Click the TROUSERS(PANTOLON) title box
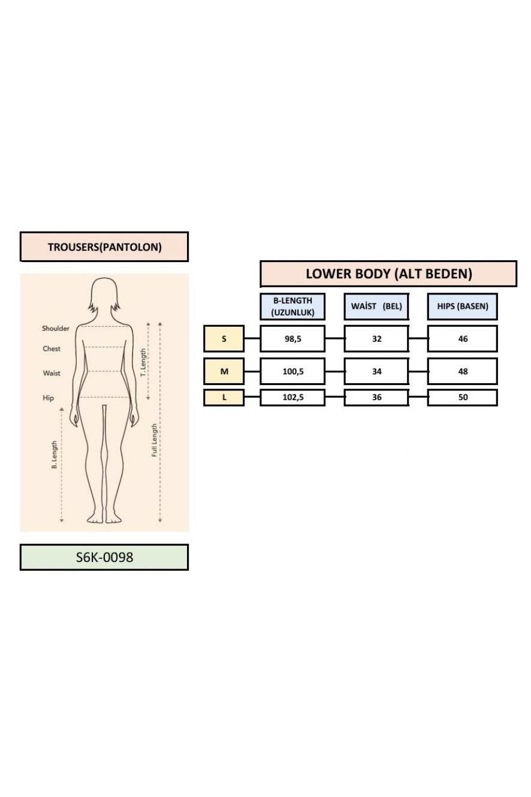click(104, 246)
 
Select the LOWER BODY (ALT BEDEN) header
click(388, 273)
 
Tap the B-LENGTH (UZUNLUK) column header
click(292, 306)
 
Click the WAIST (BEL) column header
click(376, 306)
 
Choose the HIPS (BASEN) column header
click(462, 306)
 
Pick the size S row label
click(224, 338)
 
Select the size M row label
click(224, 371)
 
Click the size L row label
click(224, 398)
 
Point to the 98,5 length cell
click(292, 338)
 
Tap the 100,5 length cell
click(292, 371)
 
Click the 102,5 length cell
click(292, 398)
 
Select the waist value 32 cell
click(376, 338)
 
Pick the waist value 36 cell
click(376, 398)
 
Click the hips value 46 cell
click(462, 338)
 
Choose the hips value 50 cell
click(462, 398)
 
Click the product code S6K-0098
click(104, 557)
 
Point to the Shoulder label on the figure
click(56, 329)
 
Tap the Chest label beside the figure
click(52, 348)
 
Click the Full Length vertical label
click(154, 440)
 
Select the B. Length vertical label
click(55, 455)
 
